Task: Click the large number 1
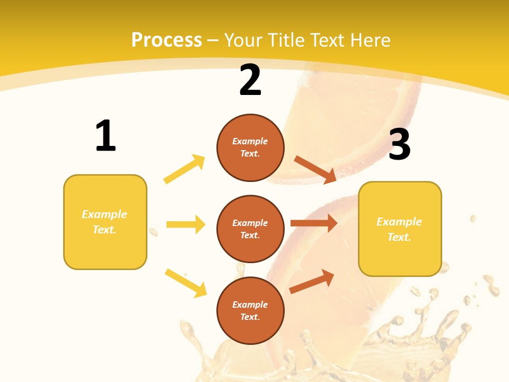106,136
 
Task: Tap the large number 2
250,80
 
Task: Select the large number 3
400,144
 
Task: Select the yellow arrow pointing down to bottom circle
186,283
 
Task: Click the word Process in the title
166,40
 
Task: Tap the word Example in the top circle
250,141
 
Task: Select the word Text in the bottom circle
249,317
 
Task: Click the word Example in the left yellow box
104,214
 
